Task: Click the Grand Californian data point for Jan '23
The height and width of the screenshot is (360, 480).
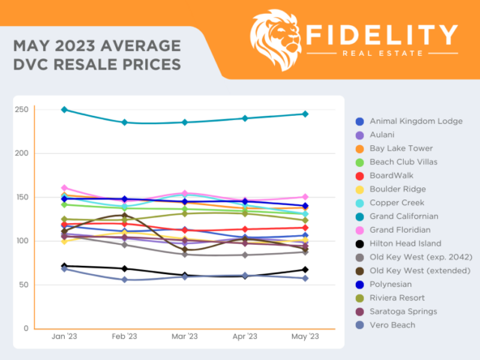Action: point(64,109)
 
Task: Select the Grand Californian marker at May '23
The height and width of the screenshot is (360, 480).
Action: point(305,114)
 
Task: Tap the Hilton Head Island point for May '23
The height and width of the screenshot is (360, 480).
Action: point(305,270)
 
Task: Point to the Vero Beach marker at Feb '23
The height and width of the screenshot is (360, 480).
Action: point(124,280)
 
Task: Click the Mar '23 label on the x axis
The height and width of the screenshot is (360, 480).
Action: point(184,336)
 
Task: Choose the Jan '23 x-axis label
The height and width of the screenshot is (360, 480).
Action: point(64,336)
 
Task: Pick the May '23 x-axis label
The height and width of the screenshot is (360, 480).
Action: point(305,336)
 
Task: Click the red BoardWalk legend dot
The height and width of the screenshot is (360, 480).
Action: point(359,176)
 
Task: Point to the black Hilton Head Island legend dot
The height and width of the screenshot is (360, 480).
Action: point(359,243)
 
